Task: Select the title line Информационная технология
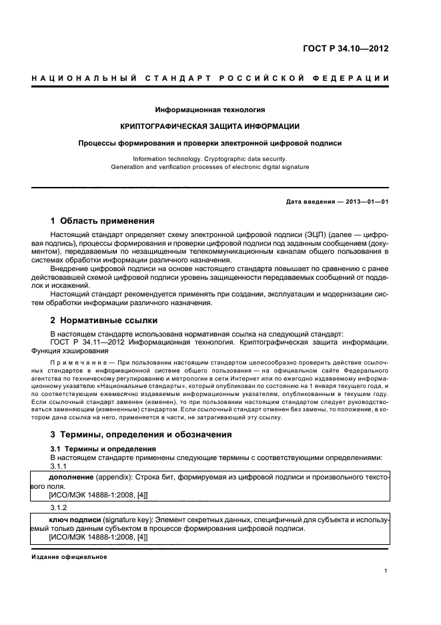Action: [210, 109]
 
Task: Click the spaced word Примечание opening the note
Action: [79, 363]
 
